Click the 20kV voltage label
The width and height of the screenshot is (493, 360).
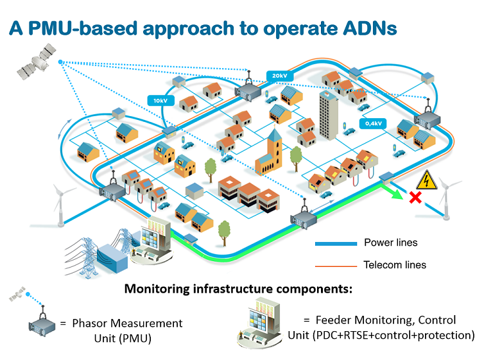click(279, 76)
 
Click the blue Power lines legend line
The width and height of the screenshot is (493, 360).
click(335, 244)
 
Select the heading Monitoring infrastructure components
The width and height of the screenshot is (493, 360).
click(238, 289)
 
